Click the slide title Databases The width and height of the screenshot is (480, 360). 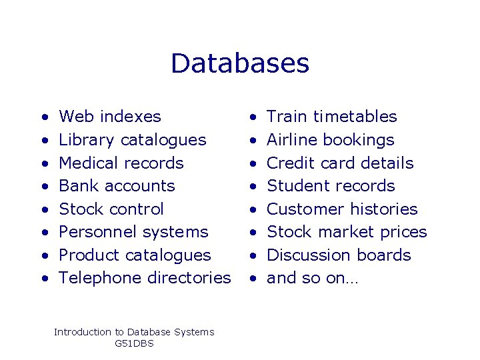[x=240, y=63]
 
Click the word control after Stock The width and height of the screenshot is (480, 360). [x=137, y=209]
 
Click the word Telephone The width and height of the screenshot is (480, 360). [x=100, y=278]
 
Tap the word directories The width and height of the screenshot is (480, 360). [x=189, y=278]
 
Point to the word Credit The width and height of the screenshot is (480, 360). [x=288, y=163]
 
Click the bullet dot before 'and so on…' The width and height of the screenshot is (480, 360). [x=253, y=279]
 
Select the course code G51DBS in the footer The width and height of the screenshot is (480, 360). [x=134, y=343]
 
